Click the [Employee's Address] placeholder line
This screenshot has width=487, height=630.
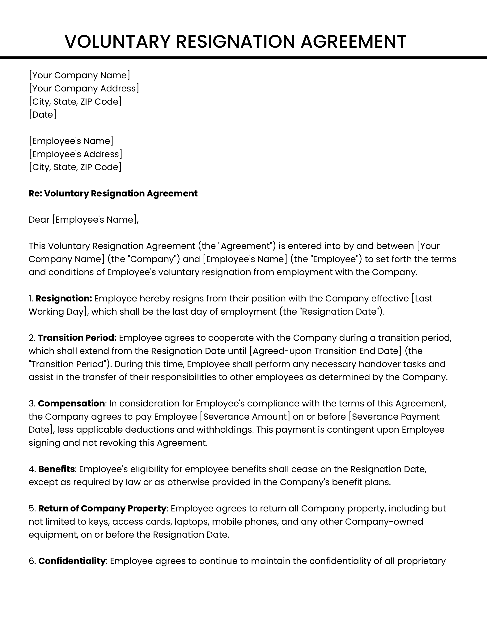coord(76,154)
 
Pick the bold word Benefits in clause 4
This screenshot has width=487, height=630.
coord(57,469)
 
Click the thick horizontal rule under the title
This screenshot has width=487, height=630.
coord(243,58)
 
